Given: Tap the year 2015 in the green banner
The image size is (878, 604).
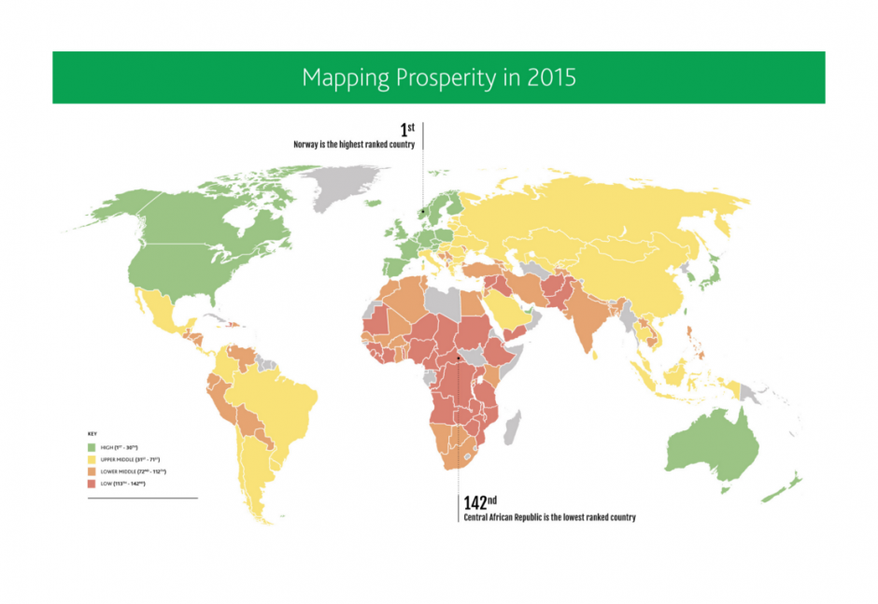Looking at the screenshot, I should [551, 77].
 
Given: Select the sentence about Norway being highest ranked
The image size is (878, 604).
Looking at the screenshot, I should [354, 145].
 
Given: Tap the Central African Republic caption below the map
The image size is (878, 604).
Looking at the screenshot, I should [549, 517].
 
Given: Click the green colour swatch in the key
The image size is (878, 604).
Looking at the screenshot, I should [92, 448].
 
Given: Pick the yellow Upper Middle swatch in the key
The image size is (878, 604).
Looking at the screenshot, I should [92, 459].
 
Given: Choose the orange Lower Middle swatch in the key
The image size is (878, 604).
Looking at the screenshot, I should [92, 471].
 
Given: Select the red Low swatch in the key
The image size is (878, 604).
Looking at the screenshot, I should [92, 484].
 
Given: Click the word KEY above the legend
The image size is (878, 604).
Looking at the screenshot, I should [92, 434].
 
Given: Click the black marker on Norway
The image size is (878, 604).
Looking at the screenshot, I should [422, 212].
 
